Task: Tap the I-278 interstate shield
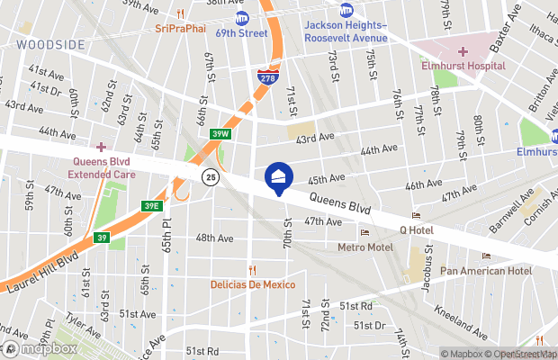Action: point(267,77)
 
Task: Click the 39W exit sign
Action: point(220,133)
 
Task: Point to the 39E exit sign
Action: point(149,205)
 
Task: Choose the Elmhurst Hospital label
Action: point(463,66)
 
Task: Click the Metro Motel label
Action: point(364,247)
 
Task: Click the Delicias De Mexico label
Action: point(253,284)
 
